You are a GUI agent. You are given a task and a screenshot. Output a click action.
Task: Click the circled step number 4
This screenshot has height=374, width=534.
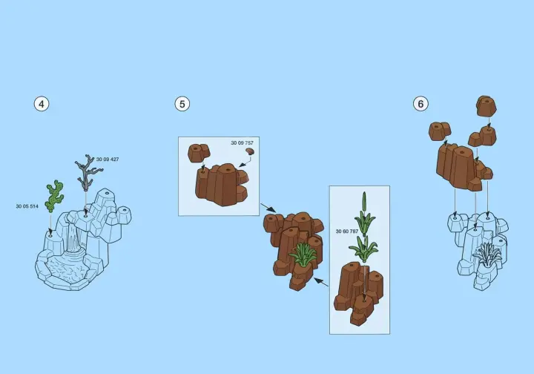point(42,104)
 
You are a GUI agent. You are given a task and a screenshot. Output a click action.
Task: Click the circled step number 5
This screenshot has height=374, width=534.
point(182,104)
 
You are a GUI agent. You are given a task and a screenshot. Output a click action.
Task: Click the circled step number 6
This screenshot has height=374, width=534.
point(421,104)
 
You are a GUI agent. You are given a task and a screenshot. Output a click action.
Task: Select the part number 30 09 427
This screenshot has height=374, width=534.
point(108,160)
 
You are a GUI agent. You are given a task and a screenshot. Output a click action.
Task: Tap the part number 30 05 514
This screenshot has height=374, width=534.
point(27,206)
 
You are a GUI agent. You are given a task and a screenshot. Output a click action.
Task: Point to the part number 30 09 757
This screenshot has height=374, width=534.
point(242,143)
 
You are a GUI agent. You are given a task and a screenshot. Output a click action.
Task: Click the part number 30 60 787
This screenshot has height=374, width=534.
point(347,232)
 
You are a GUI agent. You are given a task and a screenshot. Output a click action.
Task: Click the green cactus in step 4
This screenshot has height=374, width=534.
point(54,197)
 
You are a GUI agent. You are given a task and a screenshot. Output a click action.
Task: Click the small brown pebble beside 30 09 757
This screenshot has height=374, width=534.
point(251,151)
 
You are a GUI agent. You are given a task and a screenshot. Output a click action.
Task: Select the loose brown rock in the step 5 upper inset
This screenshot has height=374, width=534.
point(199,152)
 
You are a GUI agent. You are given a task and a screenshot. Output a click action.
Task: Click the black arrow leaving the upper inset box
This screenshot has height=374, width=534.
point(268,208)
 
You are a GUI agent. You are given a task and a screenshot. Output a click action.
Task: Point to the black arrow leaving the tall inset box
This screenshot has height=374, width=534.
point(321,282)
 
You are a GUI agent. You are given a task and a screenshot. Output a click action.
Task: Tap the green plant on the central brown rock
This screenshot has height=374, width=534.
point(303,254)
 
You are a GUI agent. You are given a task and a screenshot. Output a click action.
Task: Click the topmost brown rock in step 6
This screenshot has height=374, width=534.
point(486,106)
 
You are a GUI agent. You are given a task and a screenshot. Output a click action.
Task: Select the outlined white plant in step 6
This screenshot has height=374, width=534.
point(487,255)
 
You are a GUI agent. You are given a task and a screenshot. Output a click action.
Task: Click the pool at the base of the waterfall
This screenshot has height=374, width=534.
point(67,269)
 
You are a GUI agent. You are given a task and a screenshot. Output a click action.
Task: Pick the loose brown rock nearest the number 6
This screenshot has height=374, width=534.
point(439,131)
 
